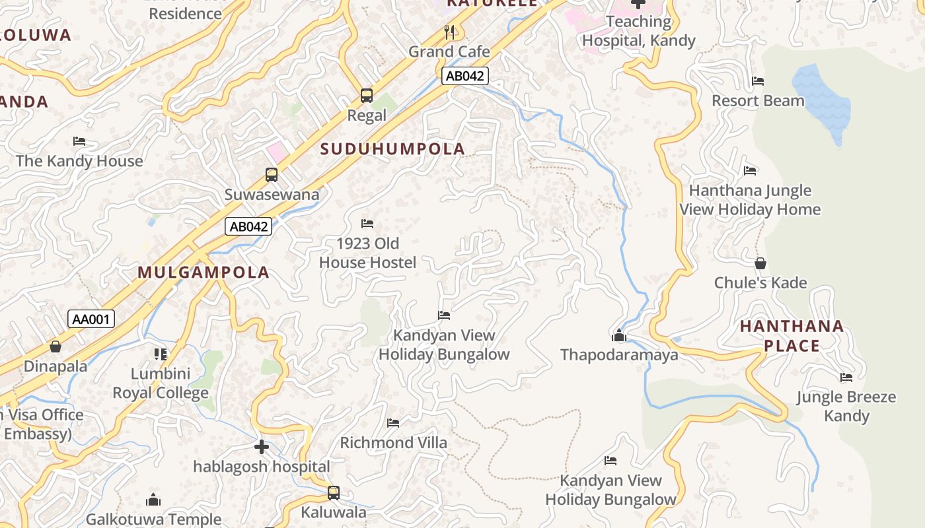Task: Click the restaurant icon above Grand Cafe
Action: pyautogui.click(x=449, y=31)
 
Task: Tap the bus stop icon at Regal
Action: pyautogui.click(x=367, y=96)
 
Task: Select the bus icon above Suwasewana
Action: pyautogui.click(x=272, y=175)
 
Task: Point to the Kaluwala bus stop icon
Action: pyautogui.click(x=334, y=493)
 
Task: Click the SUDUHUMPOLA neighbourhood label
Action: pyautogui.click(x=392, y=149)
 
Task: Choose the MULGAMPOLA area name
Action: pyautogui.click(x=203, y=273)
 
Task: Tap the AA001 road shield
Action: pyautogui.click(x=91, y=320)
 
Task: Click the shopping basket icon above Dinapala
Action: pyautogui.click(x=55, y=346)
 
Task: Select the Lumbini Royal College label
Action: pyautogui.click(x=161, y=383)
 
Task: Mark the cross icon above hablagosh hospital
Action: pyautogui.click(x=262, y=447)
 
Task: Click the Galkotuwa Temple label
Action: pyautogui.click(x=153, y=519)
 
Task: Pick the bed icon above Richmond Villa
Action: pyautogui.click(x=393, y=423)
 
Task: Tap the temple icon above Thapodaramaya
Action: pyautogui.click(x=618, y=336)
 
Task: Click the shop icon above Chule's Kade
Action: pyautogui.click(x=760, y=263)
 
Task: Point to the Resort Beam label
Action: pyautogui.click(x=758, y=101)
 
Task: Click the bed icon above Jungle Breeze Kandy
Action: pyautogui.click(x=846, y=378)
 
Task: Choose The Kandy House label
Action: pyautogui.click(x=79, y=161)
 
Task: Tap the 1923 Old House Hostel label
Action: pyautogui.click(x=367, y=253)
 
